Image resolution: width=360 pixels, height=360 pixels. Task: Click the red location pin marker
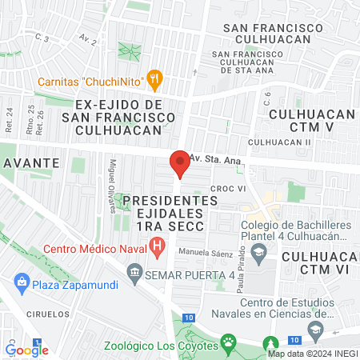pos(180,163)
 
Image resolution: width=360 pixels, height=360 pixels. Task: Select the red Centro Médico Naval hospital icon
pos(158,246)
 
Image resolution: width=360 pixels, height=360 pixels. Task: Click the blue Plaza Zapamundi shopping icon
pos(21,282)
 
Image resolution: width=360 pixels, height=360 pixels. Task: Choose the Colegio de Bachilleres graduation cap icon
pos(258,255)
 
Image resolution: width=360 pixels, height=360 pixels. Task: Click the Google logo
pos(27,349)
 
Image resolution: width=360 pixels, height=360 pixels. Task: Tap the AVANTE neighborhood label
pos(32,162)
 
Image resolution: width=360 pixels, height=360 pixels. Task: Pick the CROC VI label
pos(226,188)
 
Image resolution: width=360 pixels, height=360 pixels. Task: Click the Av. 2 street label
pos(88,38)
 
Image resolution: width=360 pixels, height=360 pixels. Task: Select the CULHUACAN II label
pos(279,142)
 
